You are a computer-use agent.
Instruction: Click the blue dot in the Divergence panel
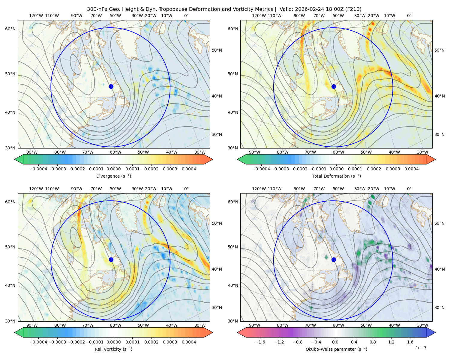111,86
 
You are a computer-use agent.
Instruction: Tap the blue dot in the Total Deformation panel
334,86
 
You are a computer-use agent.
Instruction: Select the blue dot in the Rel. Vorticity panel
111,259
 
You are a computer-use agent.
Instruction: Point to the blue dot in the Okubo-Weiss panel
334,259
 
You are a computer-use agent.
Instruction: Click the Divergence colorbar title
113,176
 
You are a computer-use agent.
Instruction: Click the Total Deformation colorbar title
336,176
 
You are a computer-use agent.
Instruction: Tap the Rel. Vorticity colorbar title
113,349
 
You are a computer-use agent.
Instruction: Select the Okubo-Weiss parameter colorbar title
336,349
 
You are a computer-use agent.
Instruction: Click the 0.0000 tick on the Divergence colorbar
113,169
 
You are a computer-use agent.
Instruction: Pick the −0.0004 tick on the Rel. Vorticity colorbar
38,342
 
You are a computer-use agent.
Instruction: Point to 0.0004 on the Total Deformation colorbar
411,169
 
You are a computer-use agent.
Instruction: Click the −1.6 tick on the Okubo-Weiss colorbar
260,342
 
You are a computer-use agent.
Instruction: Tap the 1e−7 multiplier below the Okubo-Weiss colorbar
421,348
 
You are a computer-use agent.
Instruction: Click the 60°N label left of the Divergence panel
10,29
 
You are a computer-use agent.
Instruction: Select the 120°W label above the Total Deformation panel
259,16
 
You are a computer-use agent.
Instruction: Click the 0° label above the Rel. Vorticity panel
186,189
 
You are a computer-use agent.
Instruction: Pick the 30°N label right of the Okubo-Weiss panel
439,307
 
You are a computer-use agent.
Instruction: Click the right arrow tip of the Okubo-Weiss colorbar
435,332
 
